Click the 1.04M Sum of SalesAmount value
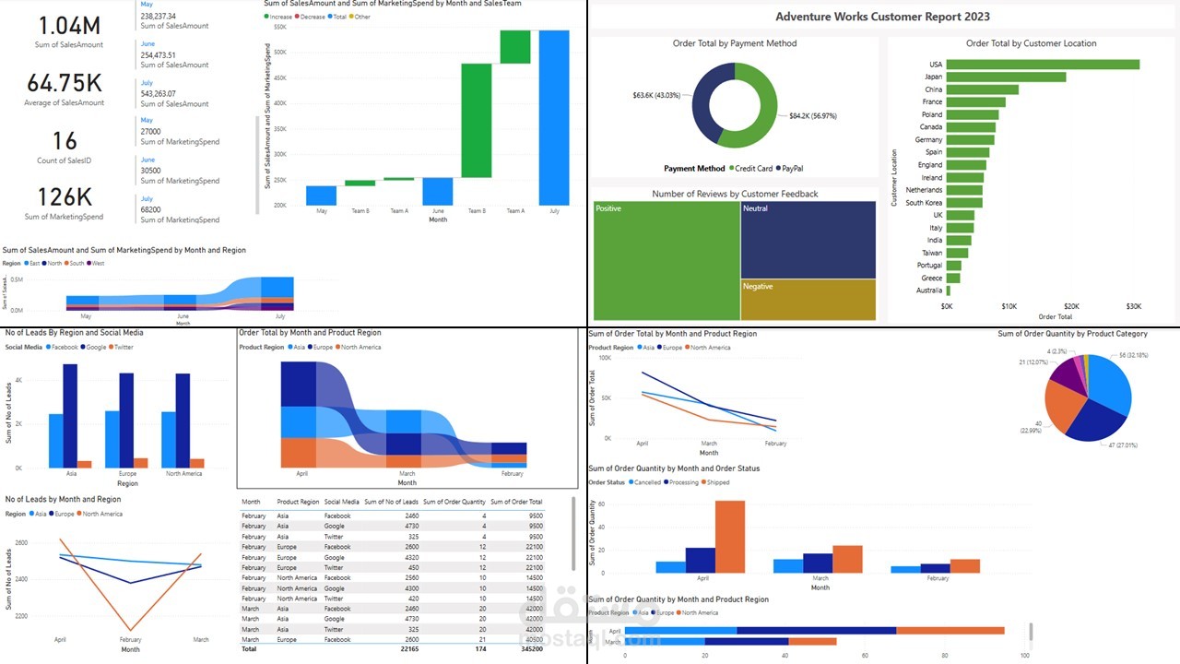[x=64, y=25]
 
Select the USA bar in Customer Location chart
[x=1043, y=65]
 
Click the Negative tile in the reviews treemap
[x=808, y=300]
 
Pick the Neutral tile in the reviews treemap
[x=808, y=240]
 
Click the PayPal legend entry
[x=791, y=169]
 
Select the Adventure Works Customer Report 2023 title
[x=882, y=17]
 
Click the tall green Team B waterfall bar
[x=477, y=120]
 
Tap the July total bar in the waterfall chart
[x=554, y=117]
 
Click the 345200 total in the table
[x=530, y=649]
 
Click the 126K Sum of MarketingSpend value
[x=64, y=197]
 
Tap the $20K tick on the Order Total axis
[x=1071, y=306]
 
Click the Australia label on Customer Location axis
[x=928, y=290]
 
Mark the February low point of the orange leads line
[x=130, y=631]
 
